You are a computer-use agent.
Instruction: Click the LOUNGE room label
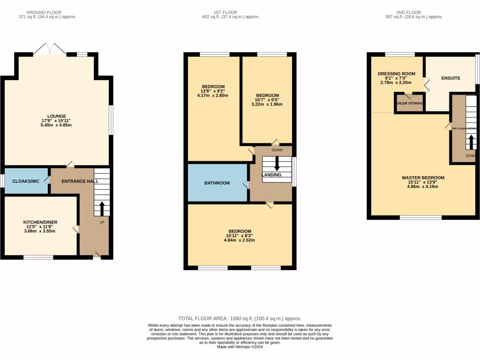(x=56, y=116)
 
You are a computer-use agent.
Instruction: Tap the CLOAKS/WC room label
(x=25, y=181)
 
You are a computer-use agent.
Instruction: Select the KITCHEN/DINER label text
(x=40, y=222)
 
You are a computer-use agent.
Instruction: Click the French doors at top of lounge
(x=49, y=49)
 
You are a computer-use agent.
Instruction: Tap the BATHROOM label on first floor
(x=217, y=183)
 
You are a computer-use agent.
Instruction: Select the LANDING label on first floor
(x=271, y=175)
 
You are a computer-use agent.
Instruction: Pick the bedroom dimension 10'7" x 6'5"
(x=267, y=100)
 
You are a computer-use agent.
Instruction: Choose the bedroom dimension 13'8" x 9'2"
(x=213, y=91)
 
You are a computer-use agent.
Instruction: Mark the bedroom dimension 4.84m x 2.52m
(x=240, y=240)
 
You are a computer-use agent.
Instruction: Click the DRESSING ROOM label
(x=397, y=74)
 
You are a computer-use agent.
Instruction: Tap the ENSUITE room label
(x=450, y=78)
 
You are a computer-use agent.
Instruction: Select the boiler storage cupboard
(x=410, y=103)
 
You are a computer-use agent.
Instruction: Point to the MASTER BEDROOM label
(x=423, y=178)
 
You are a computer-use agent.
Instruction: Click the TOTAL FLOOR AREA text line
(x=240, y=318)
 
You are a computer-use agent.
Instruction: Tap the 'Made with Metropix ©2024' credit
(x=240, y=347)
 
